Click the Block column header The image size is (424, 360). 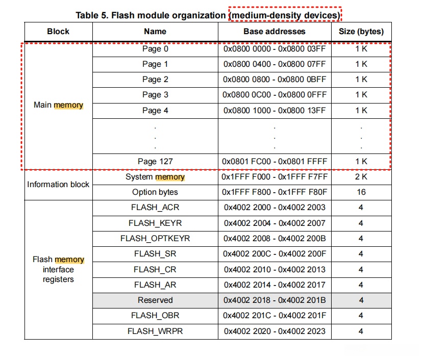click(58, 31)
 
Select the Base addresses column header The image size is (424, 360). click(274, 31)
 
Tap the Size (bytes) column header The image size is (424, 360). click(361, 31)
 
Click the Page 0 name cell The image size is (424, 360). click(155, 49)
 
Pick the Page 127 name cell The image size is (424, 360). click(155, 161)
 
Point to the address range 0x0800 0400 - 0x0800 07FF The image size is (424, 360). click(274, 64)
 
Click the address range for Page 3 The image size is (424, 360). click(274, 95)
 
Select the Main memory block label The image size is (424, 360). click(58, 105)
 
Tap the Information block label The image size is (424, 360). click(58, 184)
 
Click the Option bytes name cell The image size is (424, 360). click(155, 192)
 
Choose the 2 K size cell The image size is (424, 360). click(361, 177)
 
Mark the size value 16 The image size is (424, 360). click(361, 192)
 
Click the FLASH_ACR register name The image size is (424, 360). click(155, 208)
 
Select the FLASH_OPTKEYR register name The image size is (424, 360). click(155, 238)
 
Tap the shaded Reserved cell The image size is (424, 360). click(155, 300)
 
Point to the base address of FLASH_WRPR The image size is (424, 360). click(274, 331)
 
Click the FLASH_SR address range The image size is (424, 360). click(274, 253)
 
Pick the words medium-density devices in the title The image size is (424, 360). click(285, 15)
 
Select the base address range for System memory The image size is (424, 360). click(274, 177)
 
